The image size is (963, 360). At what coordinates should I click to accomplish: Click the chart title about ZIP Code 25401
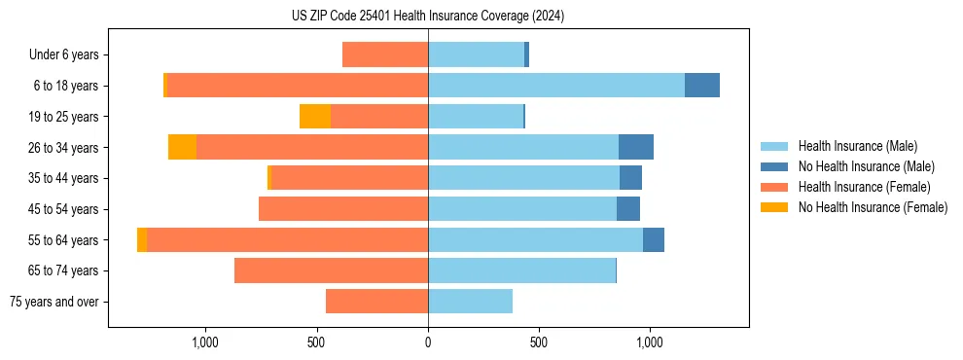(428, 16)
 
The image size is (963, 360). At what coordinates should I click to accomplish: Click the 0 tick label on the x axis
(428, 342)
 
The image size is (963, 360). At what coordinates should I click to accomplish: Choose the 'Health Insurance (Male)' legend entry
(856, 146)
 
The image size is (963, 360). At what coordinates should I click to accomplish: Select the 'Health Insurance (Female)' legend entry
(864, 187)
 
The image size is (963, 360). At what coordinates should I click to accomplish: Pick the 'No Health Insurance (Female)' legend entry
(873, 207)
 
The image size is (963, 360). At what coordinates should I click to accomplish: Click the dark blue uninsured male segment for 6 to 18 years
(701, 86)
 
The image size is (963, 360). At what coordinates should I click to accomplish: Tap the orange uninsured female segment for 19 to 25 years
(314, 117)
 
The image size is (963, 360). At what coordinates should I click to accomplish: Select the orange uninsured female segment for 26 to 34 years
(182, 147)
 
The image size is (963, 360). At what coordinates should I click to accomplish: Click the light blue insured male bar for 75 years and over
(470, 302)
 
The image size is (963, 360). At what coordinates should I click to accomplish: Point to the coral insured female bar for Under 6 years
(385, 55)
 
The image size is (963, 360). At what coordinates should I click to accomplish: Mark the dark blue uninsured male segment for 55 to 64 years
(653, 239)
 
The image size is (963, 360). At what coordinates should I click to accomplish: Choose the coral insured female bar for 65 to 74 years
(331, 270)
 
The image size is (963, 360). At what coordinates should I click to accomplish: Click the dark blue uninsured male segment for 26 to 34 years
(635, 147)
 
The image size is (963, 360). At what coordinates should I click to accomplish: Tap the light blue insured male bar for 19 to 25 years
(475, 117)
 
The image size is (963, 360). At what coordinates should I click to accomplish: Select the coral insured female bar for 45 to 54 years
(343, 209)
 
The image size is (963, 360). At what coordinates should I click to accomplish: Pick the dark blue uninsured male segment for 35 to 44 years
(630, 178)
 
